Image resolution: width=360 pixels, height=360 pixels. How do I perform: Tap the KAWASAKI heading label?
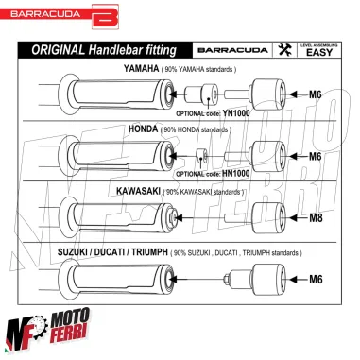click(x=138, y=191)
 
